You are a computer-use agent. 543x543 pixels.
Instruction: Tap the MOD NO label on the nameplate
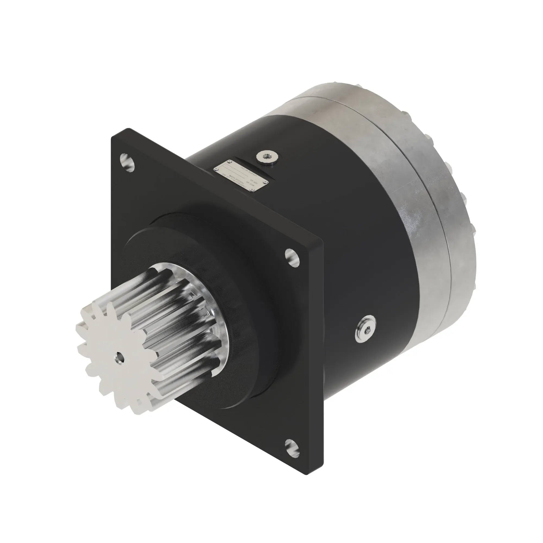[250, 183]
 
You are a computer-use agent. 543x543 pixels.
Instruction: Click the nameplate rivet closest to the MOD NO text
[252, 190]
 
